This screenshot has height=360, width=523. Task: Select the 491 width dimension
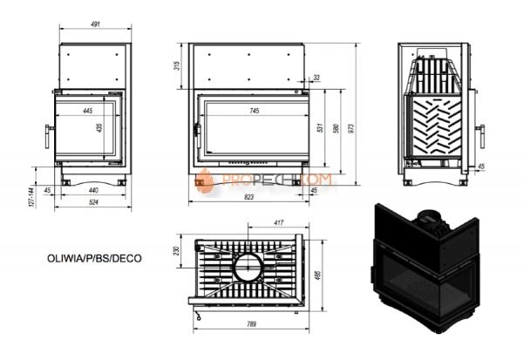pos(92,27)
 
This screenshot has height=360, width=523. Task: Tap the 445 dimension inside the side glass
pos(88,111)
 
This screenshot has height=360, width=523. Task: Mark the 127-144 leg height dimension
pos(30,197)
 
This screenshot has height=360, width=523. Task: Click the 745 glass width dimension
pos(254,111)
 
